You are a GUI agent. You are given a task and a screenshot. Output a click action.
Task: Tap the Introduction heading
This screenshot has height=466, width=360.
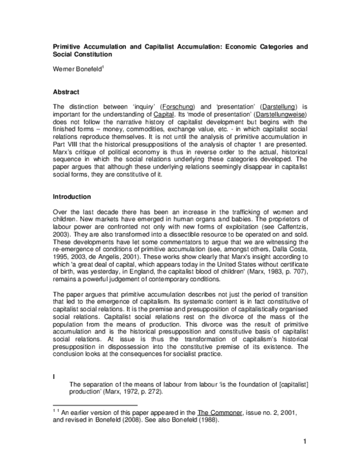coord(71,196)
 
